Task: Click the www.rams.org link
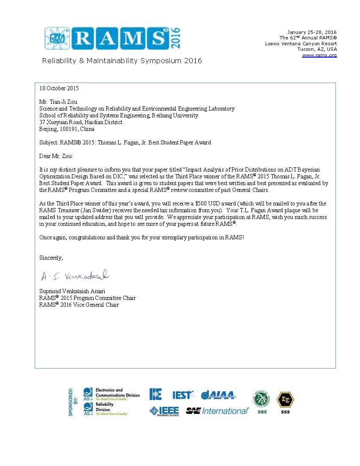click(319, 55)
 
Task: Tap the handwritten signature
click(75, 276)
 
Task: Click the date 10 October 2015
click(59, 89)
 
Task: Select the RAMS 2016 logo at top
click(113, 39)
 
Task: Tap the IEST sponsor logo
click(183, 395)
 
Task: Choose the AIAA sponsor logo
click(219, 395)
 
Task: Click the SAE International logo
click(217, 411)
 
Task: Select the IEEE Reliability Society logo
click(164, 411)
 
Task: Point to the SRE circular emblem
click(262, 399)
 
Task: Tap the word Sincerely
click(51, 258)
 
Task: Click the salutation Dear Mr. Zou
click(56, 156)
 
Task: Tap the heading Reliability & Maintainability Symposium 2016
click(122, 61)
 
